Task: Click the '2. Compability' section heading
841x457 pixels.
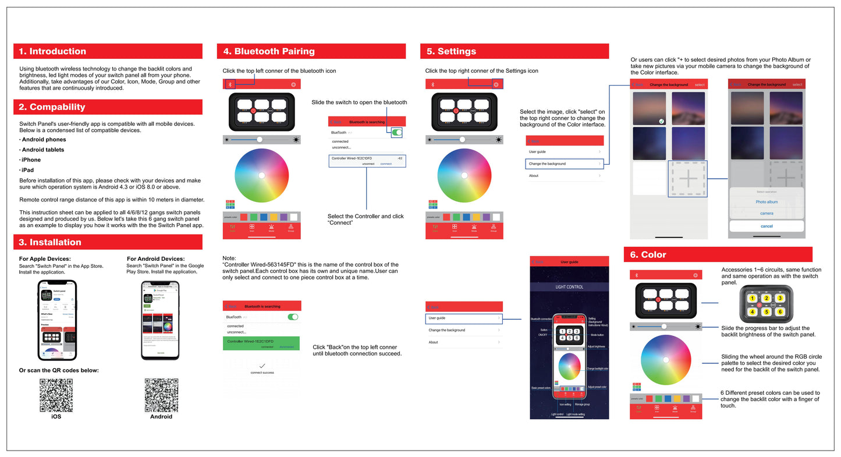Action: [x=52, y=107]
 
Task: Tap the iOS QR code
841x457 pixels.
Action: [x=56, y=395]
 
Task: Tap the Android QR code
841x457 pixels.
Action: [x=161, y=395]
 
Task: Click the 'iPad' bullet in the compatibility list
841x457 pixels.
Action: [x=27, y=170]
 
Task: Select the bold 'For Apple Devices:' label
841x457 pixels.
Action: [x=45, y=259]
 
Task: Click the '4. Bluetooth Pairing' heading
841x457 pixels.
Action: [x=269, y=51]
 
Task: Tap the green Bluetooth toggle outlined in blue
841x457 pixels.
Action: [x=397, y=133]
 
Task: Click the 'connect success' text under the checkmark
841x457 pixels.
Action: [x=262, y=373]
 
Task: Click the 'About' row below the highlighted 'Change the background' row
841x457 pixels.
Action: [x=534, y=176]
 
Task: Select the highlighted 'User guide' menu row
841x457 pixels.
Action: [x=464, y=318]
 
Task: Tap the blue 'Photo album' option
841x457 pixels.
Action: [x=767, y=202]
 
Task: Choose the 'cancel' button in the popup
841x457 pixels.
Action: [x=767, y=226]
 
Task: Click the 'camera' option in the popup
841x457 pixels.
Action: [x=767, y=214]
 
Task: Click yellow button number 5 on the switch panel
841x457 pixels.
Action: [x=767, y=311]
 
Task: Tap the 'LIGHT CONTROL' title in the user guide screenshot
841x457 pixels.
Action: [x=569, y=287]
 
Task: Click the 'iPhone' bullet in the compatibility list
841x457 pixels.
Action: [x=31, y=160]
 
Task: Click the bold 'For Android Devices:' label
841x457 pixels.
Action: [x=155, y=259]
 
